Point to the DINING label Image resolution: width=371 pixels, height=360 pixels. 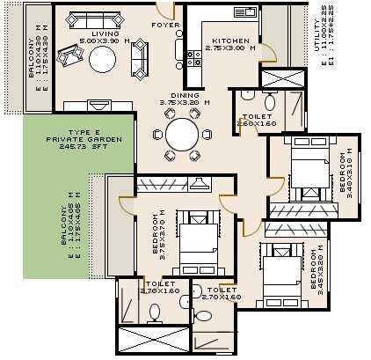[x=185, y=95]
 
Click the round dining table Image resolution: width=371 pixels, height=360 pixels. [x=183, y=135]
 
